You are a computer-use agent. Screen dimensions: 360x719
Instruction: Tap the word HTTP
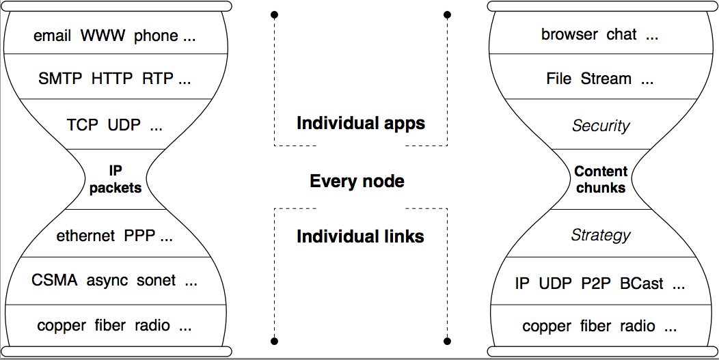pos(112,79)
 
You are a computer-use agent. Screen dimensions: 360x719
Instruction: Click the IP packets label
pos(115,178)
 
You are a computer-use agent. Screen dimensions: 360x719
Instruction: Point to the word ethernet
pos(85,236)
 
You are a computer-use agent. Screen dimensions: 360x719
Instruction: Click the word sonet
pos(156,280)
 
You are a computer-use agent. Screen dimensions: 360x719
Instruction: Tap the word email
pos(52,36)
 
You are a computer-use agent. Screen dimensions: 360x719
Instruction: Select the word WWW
pos(103,36)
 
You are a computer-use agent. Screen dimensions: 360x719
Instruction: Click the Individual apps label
pos(360,124)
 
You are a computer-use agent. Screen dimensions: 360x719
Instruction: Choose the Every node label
pos(357,181)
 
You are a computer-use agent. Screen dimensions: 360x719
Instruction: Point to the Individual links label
pos(360,237)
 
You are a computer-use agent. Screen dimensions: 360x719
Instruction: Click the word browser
pos(569,34)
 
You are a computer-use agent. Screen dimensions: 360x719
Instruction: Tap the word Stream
pos(606,79)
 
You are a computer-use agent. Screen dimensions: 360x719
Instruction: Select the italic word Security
pos(601,126)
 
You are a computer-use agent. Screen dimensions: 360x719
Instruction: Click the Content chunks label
pos(601,179)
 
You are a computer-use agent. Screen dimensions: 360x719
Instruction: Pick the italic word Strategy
pos(601,236)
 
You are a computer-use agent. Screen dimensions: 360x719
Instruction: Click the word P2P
pos(596,283)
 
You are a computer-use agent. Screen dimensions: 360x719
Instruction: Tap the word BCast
pos(642,283)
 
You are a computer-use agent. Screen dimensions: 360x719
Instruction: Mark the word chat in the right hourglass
pos(621,34)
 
